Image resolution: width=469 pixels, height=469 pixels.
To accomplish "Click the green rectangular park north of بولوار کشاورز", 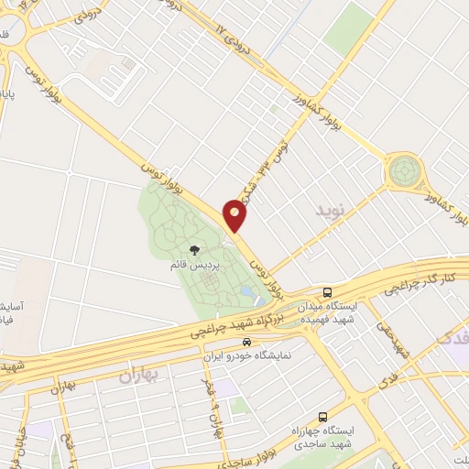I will click(x=347, y=28).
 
